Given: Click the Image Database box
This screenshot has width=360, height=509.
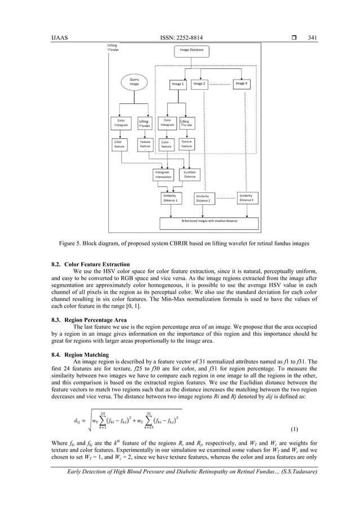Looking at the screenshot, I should point(192,50).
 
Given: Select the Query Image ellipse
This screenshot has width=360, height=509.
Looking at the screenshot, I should point(134,83).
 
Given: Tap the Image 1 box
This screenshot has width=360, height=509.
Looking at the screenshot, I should point(178,84).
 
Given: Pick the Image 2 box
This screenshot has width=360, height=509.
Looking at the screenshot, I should point(199,84).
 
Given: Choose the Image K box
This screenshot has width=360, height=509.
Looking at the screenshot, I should point(242,84).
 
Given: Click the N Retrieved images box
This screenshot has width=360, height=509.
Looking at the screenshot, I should point(209,221).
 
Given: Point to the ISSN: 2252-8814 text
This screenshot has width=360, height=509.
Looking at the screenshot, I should point(181,38).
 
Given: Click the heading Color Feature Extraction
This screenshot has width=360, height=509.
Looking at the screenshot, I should point(97,264).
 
